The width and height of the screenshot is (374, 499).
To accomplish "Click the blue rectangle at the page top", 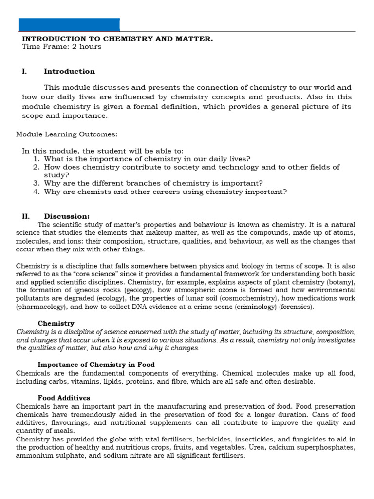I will click(69, 24).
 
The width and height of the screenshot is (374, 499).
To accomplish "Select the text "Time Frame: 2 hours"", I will click(62, 47).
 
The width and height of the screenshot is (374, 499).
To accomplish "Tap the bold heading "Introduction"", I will click(70, 71).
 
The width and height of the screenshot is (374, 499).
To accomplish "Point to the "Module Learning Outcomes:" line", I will click(67, 134).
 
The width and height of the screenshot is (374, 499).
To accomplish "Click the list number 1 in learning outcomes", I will click(36, 159).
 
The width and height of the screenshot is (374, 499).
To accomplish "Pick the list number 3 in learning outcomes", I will click(36, 183).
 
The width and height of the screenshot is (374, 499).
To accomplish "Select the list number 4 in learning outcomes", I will click(36, 192).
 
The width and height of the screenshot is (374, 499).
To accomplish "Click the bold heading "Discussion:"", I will click(67, 216).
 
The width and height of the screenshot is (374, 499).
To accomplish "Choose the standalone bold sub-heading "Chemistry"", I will click(56, 323).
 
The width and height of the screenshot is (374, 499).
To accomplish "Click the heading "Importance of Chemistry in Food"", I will click(96, 365).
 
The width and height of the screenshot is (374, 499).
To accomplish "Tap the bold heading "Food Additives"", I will click(64, 398).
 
